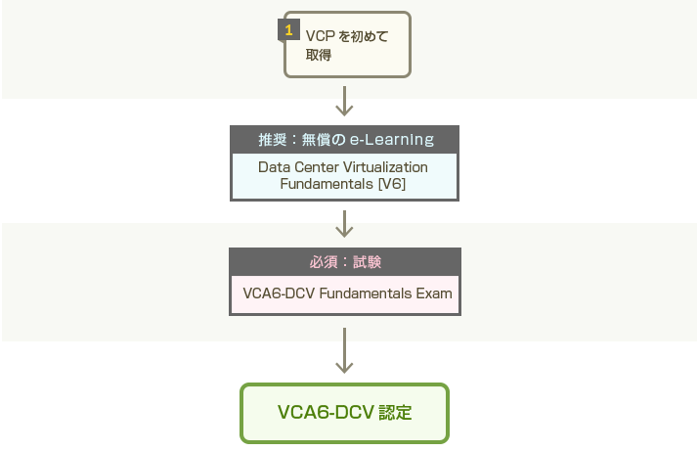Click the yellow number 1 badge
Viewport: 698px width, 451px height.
click(x=288, y=30)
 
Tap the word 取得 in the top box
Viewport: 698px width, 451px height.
click(x=319, y=56)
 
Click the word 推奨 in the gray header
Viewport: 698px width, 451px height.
click(x=273, y=139)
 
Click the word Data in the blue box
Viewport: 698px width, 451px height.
click(x=274, y=167)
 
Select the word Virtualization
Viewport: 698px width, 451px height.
click(x=387, y=167)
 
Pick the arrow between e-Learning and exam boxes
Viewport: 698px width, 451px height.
click(x=344, y=224)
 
